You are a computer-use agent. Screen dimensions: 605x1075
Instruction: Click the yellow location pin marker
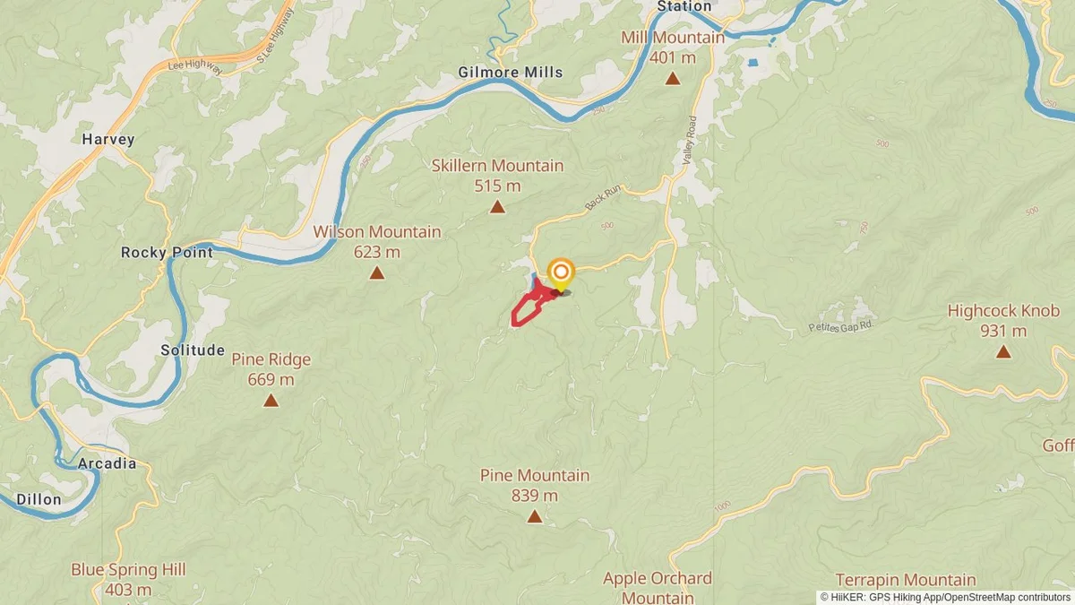[x=561, y=273]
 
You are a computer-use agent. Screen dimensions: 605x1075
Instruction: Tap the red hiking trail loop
[x=526, y=310]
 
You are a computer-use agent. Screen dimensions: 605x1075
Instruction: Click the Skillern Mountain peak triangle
[x=496, y=208]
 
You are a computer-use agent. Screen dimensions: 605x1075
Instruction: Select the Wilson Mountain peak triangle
[x=377, y=273]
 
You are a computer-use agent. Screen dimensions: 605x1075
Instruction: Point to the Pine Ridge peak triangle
[x=271, y=400]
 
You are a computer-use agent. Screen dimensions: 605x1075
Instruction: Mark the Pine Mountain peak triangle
[x=534, y=516]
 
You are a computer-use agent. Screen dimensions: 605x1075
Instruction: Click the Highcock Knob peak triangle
[x=1003, y=352]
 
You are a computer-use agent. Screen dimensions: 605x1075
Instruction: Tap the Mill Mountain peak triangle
[x=672, y=79]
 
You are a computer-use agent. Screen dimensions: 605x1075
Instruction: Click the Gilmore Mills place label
[x=511, y=72]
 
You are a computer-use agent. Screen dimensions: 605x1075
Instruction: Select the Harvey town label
[x=107, y=139]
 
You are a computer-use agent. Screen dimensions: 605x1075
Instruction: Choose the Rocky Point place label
[x=167, y=253]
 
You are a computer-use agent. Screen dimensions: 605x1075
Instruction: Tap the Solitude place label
[x=193, y=350]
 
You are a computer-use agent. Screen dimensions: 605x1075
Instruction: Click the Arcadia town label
[x=107, y=463]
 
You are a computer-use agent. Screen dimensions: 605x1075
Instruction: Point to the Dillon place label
[x=39, y=499]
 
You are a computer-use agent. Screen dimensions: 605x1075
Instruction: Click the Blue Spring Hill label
[x=128, y=570]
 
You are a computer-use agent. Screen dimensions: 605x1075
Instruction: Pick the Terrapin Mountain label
[x=905, y=580]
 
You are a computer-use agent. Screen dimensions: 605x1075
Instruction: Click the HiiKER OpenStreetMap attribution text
[x=944, y=596]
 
